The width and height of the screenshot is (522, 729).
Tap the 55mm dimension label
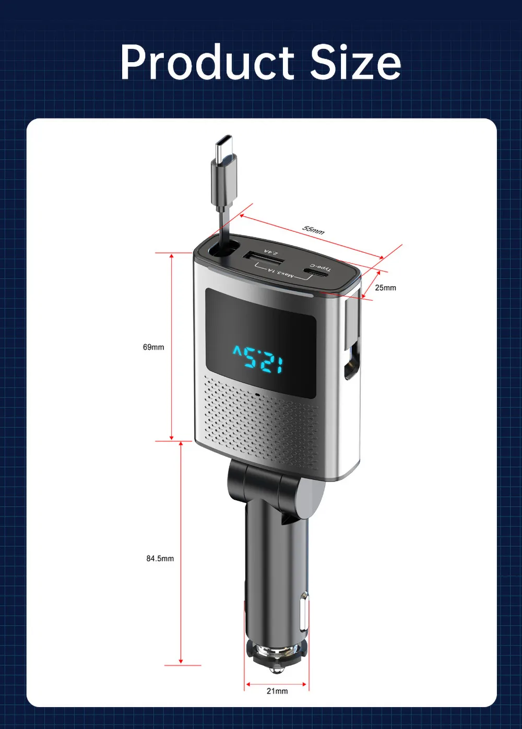point(313,230)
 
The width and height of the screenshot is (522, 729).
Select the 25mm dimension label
point(385,288)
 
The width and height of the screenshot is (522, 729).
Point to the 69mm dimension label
point(153,347)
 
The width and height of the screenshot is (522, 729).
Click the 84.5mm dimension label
point(160,559)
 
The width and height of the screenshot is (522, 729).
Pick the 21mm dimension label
point(277,691)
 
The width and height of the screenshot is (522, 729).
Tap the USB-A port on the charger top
point(263,258)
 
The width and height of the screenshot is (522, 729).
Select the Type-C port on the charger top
point(317,272)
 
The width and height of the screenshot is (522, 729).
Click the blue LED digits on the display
point(258,358)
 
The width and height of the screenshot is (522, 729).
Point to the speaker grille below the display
point(261,423)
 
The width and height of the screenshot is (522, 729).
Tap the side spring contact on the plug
point(303,614)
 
